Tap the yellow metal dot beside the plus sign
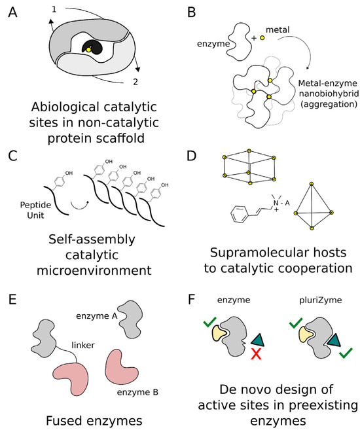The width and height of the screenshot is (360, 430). [262, 38]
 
